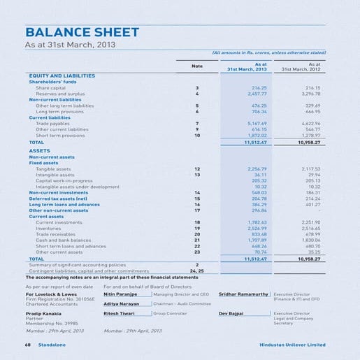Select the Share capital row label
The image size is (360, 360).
pos(50,88)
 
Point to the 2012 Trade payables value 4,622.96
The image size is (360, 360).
pos(308,124)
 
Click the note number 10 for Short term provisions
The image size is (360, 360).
pos(197,135)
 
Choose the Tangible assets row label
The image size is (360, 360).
pos(52,169)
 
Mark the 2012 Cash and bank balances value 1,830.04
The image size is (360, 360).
pos(308,240)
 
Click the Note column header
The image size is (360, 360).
pos(197,66)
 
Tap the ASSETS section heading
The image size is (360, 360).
pos(39,151)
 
